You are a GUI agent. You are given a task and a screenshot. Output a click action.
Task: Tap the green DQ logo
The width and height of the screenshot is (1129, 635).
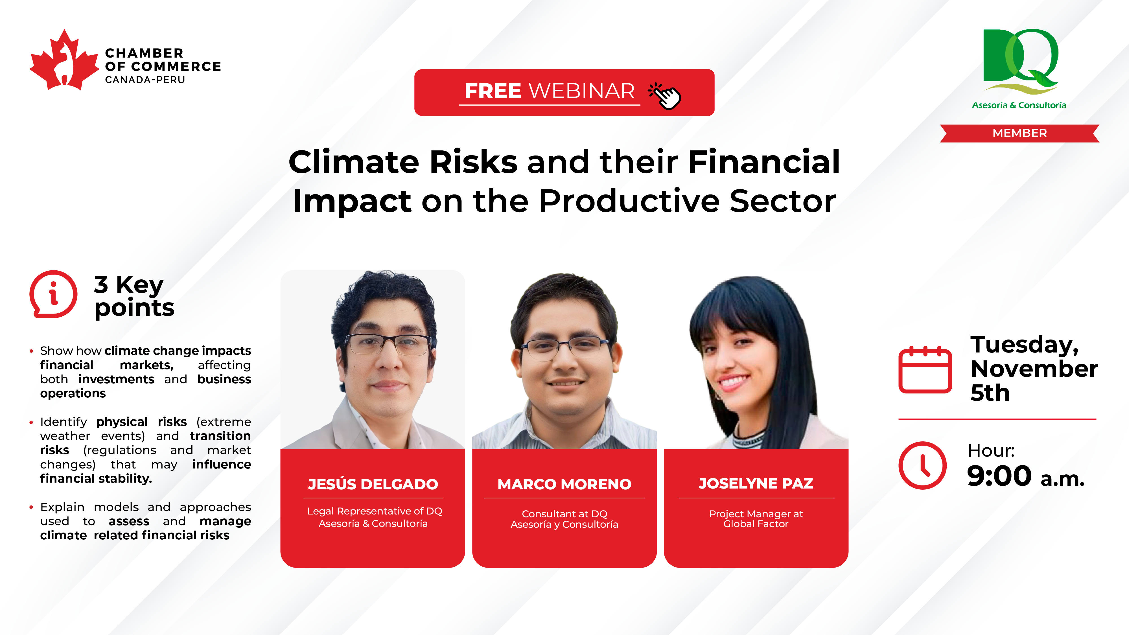1020,61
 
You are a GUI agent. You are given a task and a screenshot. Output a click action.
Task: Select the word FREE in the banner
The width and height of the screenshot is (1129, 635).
493,91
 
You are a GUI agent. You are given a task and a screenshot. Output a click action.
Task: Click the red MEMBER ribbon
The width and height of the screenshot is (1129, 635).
1019,133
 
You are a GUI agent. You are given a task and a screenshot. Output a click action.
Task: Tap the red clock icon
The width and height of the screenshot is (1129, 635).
923,465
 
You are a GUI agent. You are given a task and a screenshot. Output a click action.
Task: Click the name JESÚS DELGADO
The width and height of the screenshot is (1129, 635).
373,484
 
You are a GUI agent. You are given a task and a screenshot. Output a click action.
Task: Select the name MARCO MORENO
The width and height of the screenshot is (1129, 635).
564,484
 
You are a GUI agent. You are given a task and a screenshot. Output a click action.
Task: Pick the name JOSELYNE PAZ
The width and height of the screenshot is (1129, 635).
756,483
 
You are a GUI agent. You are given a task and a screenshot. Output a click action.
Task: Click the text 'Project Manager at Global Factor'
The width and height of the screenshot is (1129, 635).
756,519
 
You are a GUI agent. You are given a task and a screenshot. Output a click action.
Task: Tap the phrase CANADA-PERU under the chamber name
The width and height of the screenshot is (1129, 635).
145,80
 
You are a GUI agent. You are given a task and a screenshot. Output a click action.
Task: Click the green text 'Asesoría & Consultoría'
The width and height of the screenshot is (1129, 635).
1019,105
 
